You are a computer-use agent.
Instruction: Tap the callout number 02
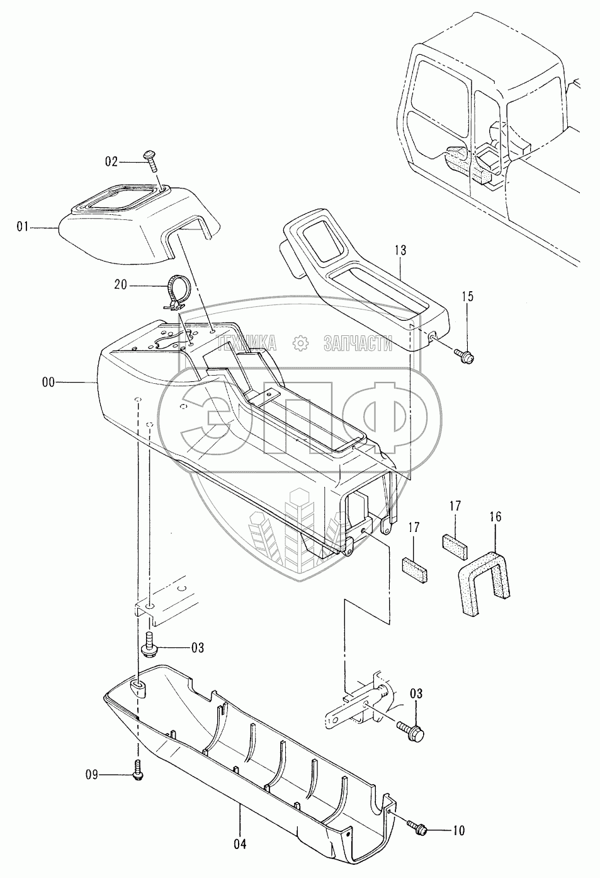(111, 163)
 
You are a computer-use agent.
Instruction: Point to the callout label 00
(48, 382)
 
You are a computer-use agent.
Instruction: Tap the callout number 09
(93, 775)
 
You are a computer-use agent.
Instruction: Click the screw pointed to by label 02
(153, 162)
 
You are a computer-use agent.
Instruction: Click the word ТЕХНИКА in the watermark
(247, 343)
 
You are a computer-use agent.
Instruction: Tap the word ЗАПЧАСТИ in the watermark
(358, 343)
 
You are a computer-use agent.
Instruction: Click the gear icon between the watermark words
(301, 343)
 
